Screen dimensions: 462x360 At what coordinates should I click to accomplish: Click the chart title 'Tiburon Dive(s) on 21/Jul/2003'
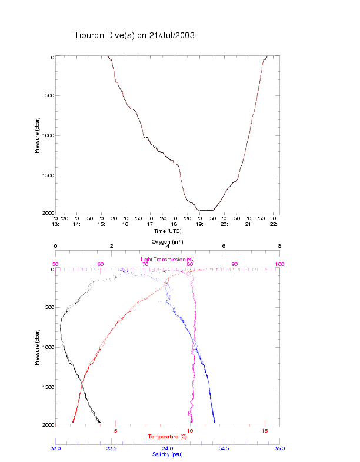coord(134,35)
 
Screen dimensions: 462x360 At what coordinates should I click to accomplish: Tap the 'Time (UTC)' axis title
coord(167,231)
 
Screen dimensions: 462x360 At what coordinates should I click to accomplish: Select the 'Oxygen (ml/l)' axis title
coord(167,242)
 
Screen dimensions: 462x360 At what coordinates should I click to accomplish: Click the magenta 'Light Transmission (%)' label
coord(167,260)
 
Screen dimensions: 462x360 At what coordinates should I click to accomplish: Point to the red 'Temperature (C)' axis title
coord(167,437)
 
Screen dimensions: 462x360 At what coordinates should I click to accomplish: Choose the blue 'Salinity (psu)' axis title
coord(167,454)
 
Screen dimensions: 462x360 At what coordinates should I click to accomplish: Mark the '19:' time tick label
coord(199,224)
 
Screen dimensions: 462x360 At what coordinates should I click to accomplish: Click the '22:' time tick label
coord(274,224)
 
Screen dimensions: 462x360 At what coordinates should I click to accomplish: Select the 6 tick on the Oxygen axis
coord(224,247)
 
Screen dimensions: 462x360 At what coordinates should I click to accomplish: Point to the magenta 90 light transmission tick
coord(235,264)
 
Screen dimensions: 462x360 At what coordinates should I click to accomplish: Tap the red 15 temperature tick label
coord(265,431)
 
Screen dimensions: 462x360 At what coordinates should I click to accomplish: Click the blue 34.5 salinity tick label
coord(224,448)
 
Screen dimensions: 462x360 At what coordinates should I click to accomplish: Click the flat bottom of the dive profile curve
coord(206,210)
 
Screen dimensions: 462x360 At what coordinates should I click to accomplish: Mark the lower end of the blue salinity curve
coord(215,421)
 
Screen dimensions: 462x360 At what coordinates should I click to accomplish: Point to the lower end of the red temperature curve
coord(72,421)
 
